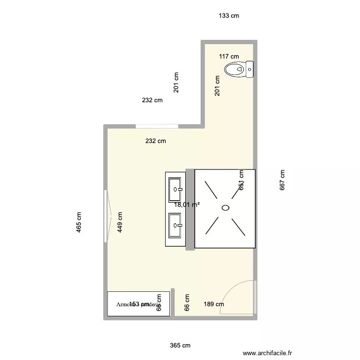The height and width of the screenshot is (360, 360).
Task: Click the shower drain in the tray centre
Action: [x=225, y=208]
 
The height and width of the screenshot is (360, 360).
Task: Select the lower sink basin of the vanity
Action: [x=176, y=225]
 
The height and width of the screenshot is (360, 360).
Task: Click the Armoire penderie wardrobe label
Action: [x=138, y=304]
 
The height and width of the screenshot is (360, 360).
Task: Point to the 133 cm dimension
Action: [x=228, y=16]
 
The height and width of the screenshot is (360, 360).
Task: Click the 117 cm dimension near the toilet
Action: [x=229, y=57]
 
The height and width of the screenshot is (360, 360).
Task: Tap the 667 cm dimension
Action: [x=282, y=180]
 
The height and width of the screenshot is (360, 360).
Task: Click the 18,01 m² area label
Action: [x=187, y=204]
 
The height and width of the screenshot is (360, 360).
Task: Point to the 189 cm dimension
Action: [x=214, y=304]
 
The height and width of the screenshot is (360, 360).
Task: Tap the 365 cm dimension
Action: [x=180, y=345]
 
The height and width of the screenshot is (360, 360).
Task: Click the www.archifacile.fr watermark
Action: [x=267, y=352]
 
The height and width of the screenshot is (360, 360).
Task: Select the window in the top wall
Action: [x=157, y=126]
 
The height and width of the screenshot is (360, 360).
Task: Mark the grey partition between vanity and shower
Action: [x=190, y=209]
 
